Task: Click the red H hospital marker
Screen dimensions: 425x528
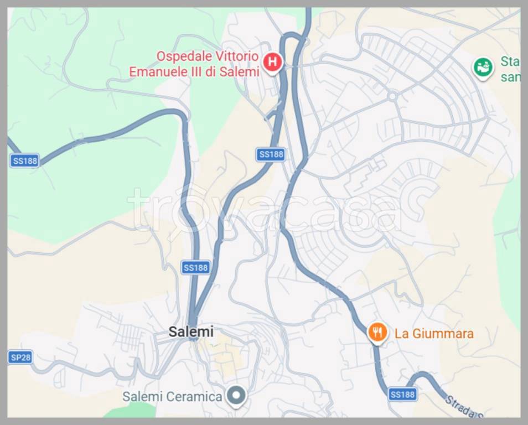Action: [272, 62]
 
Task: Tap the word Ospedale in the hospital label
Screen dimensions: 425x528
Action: [179, 56]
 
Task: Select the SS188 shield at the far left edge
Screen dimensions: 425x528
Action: [25, 160]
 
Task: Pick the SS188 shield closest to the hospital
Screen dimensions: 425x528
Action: [271, 154]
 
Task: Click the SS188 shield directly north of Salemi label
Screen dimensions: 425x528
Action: [195, 268]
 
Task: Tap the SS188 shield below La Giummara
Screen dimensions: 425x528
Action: [402, 394]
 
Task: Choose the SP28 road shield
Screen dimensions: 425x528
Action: [20, 357]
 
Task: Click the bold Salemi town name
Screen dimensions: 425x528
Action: [191, 331]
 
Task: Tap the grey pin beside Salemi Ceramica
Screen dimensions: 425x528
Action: [237, 396]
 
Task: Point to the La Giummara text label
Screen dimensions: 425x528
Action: [434, 334]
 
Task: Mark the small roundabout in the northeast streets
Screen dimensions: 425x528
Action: [392, 96]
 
